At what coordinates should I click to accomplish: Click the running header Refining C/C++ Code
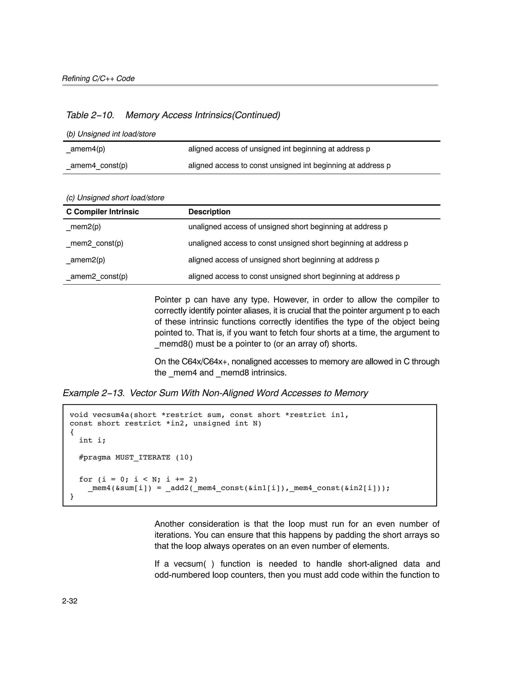point(98,78)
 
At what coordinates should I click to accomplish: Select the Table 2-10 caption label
point(90,115)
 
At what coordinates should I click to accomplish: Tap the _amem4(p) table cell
point(85,149)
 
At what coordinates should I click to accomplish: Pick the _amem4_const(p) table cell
point(97,166)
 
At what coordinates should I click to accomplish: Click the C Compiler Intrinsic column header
point(102,212)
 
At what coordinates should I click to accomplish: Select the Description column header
point(209,212)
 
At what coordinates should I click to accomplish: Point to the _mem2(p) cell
point(83,227)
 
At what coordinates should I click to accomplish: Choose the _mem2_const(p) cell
point(94,243)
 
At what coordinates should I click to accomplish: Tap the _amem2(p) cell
point(85,260)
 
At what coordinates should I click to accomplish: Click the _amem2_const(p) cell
point(97,277)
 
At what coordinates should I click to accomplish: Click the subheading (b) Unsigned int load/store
point(111,134)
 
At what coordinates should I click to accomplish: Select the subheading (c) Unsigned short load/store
point(115,198)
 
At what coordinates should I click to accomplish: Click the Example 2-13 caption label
point(94,393)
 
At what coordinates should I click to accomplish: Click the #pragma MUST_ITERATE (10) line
point(136,457)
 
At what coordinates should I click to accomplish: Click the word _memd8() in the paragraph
point(173,344)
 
